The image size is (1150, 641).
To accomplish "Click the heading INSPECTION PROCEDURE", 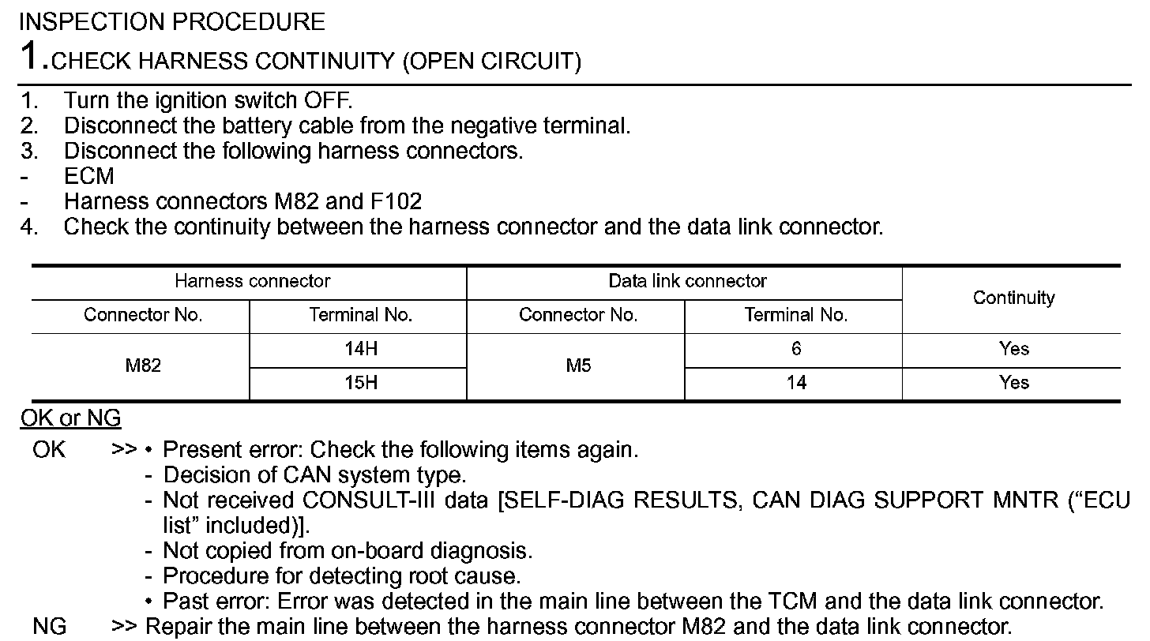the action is point(171,21).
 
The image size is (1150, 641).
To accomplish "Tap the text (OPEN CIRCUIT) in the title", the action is point(491,62).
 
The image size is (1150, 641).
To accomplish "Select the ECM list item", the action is point(88,176).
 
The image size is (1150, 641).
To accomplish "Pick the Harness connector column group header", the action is point(252,281).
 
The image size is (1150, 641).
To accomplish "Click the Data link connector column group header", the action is point(686,281).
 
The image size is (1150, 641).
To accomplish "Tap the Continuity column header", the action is point(1013,298).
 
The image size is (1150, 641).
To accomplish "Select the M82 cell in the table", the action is point(143,365).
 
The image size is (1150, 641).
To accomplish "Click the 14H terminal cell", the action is point(360,349).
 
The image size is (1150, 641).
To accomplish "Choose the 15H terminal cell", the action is point(360,383).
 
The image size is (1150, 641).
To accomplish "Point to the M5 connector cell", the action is point(578,365).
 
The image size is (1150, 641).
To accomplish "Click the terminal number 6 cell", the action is point(795,349).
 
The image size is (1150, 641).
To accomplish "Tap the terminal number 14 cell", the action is point(795,383).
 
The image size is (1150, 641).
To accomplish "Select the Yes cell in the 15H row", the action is point(1013,383).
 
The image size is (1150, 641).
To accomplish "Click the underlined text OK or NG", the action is point(70,418).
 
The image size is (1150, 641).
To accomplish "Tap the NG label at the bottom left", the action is point(49,628).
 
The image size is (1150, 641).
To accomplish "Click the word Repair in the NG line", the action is point(178,628).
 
